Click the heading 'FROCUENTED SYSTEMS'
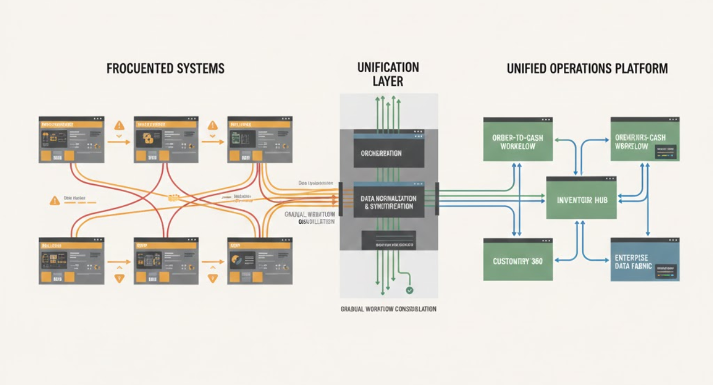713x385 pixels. click(165, 69)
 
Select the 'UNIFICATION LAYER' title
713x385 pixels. click(388, 74)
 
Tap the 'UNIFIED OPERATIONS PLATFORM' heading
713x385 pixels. click(587, 69)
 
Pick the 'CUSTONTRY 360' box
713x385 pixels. click(518, 260)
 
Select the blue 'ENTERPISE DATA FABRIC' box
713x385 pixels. click(645, 260)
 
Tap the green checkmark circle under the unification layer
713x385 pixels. click(409, 290)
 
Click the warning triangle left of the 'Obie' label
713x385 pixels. click(54, 201)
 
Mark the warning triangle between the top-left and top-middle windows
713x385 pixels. click(119, 125)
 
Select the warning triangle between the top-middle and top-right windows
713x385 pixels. click(212, 125)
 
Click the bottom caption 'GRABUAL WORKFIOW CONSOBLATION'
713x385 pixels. click(388, 309)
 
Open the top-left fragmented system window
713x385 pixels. click(72, 140)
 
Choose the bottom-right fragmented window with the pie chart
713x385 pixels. click(260, 261)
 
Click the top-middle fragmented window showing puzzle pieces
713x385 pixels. click(166, 140)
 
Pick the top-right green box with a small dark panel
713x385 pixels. click(645, 140)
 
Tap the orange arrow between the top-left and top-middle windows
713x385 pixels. click(119, 142)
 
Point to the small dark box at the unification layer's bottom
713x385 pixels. click(388, 239)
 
